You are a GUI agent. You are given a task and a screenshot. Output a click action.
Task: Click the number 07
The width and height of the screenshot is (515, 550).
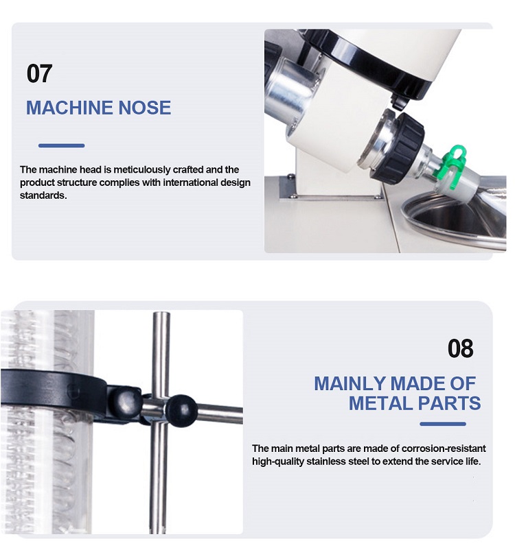[x=39, y=73]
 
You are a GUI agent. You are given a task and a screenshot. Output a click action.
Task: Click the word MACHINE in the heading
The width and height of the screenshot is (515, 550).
[x=69, y=108]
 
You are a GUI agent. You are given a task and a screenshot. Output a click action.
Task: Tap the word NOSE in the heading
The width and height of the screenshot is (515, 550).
[x=144, y=108]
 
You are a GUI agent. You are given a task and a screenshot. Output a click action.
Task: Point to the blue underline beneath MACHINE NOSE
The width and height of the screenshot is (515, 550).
[x=62, y=145]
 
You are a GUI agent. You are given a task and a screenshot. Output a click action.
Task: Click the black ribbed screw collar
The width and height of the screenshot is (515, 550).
[x=403, y=147]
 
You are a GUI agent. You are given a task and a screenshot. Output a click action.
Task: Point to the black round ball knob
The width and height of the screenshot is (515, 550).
[x=181, y=410]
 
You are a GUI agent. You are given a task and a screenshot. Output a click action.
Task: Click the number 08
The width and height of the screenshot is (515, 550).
[x=460, y=348]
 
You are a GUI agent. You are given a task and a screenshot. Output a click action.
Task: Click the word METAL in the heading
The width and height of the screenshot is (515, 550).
[x=380, y=403]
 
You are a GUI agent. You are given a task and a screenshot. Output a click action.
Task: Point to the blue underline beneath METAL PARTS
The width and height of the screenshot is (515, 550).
[x=443, y=424]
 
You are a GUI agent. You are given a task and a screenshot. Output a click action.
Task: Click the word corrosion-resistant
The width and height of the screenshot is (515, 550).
[x=444, y=449]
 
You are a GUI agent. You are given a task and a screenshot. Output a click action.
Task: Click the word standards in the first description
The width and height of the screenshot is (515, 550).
[x=43, y=195]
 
